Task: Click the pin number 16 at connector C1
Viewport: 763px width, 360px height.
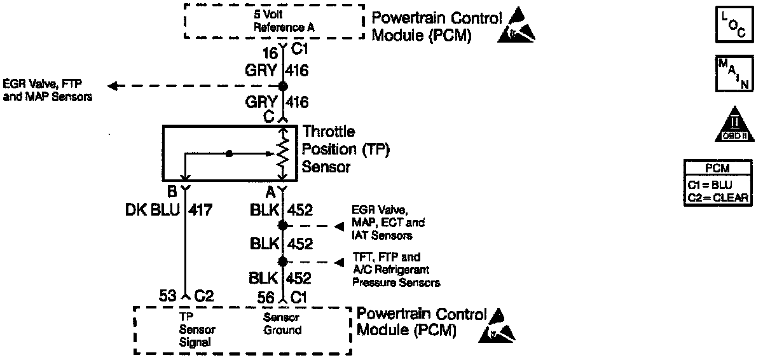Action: pos(270,53)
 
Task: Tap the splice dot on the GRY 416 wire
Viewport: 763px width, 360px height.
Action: pos(283,86)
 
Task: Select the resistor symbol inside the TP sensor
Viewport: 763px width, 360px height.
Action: pos(283,153)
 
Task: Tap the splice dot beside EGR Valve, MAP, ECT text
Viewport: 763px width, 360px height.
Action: pos(283,225)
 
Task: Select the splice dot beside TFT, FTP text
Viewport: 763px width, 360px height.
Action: pos(283,261)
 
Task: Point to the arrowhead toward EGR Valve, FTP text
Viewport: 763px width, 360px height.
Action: pos(113,86)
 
